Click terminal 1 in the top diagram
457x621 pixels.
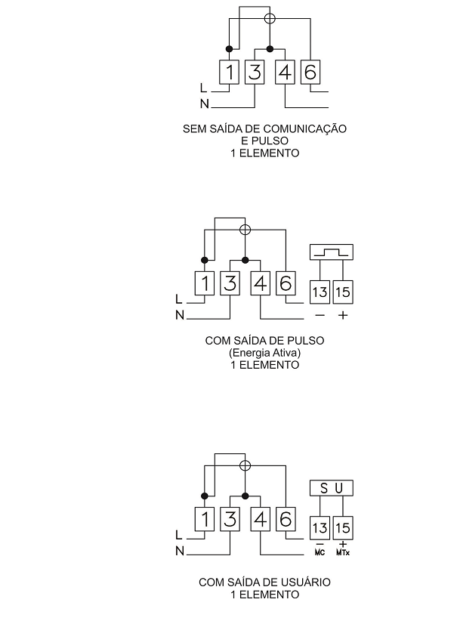pos(230,72)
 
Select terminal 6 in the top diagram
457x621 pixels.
pos(310,72)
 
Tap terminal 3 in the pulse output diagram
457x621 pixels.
pos(230,283)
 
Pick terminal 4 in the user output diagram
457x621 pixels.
pos(260,519)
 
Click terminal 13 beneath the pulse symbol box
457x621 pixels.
pos(320,292)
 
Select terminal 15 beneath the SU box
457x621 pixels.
pos(343,528)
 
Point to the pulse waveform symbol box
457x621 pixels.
pos(332,252)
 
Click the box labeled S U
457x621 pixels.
pos(332,488)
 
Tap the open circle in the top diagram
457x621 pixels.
pos(270,18)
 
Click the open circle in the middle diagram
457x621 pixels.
pos(245,230)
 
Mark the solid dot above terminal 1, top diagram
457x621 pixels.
pos(229,49)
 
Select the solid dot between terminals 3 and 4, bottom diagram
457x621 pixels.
pos(245,496)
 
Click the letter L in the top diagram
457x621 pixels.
pos(203,88)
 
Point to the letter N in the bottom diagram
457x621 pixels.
pos(180,551)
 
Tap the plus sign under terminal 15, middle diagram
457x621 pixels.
pos(343,315)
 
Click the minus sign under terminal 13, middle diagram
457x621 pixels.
pos(320,315)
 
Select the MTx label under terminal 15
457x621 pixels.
pos(343,552)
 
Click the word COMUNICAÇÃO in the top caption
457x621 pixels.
pos(305,128)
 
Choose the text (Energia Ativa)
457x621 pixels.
pos(264,353)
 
